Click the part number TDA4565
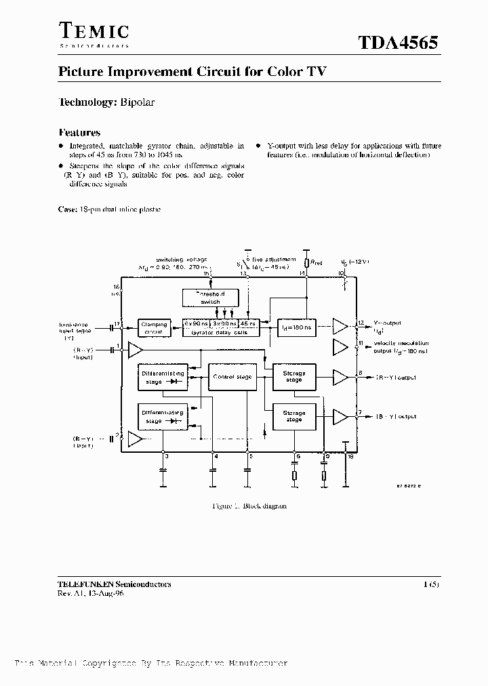pos(398,42)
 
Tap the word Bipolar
pos(138,102)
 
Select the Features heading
pos(79,133)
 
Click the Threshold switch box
pos(211,297)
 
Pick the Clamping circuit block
pos(155,327)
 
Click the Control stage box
pos(232,377)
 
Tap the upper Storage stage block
pos(294,376)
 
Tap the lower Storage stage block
pos(294,416)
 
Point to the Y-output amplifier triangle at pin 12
pos(340,327)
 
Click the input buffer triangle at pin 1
pos(136,350)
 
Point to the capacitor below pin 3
pos(163,470)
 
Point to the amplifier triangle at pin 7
pos(340,416)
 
